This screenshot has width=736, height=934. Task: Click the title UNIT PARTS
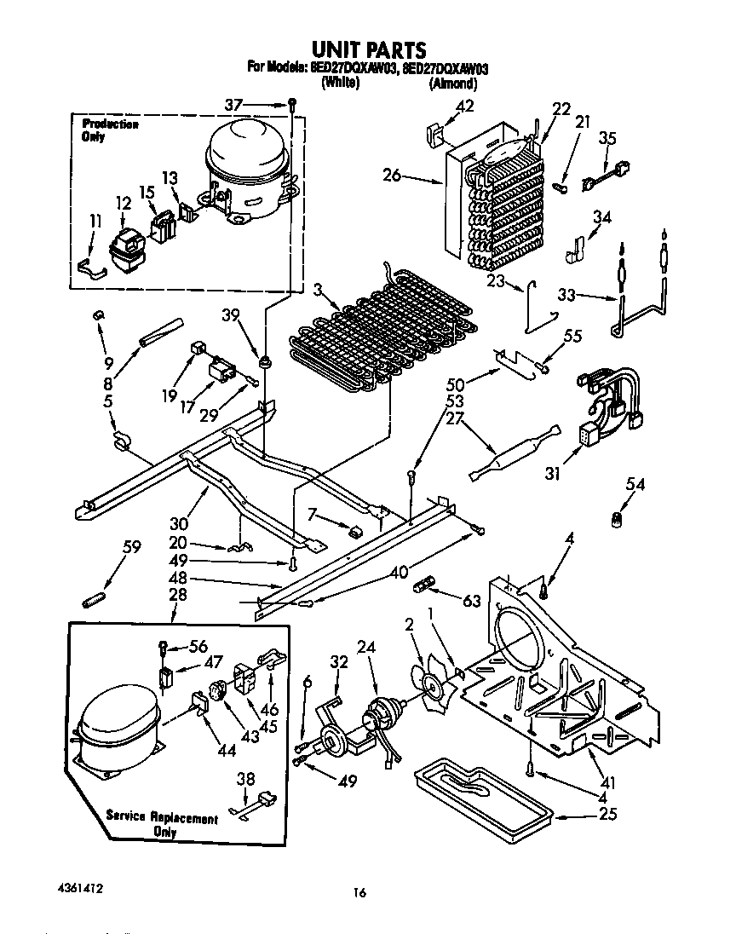tap(367, 50)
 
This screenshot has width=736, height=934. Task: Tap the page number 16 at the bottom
tap(360, 893)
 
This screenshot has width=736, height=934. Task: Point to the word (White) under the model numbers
tap(340, 84)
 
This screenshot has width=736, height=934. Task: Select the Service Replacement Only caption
tap(162, 824)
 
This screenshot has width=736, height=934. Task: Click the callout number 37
tap(234, 104)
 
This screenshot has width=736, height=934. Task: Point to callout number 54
tap(635, 485)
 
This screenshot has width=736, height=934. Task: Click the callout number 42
tap(464, 106)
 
